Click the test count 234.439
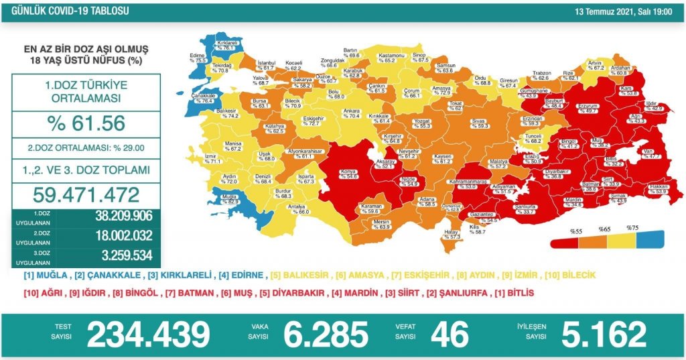pyautogui.click(x=148, y=334)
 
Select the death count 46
pyautogui.click(x=450, y=334)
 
